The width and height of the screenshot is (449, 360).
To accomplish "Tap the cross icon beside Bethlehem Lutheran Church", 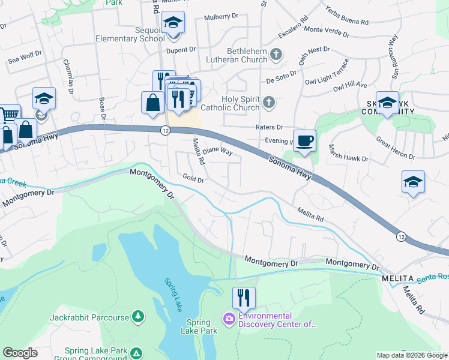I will (x=276, y=55).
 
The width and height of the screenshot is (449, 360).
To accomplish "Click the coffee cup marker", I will (x=304, y=141).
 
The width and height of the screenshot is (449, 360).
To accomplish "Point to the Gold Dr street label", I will (x=193, y=179).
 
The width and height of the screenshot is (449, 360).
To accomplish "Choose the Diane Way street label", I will (x=217, y=151).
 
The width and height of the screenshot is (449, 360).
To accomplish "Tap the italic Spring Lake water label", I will (x=173, y=293).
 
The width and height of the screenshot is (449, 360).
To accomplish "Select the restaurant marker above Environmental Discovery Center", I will (x=244, y=297).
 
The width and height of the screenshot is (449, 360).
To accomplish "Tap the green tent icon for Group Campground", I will (x=137, y=353).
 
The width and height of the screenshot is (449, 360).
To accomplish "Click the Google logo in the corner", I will (x=20, y=353).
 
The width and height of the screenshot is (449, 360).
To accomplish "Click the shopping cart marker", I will (x=8, y=114).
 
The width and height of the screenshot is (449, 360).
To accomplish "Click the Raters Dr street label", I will (x=270, y=127).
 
